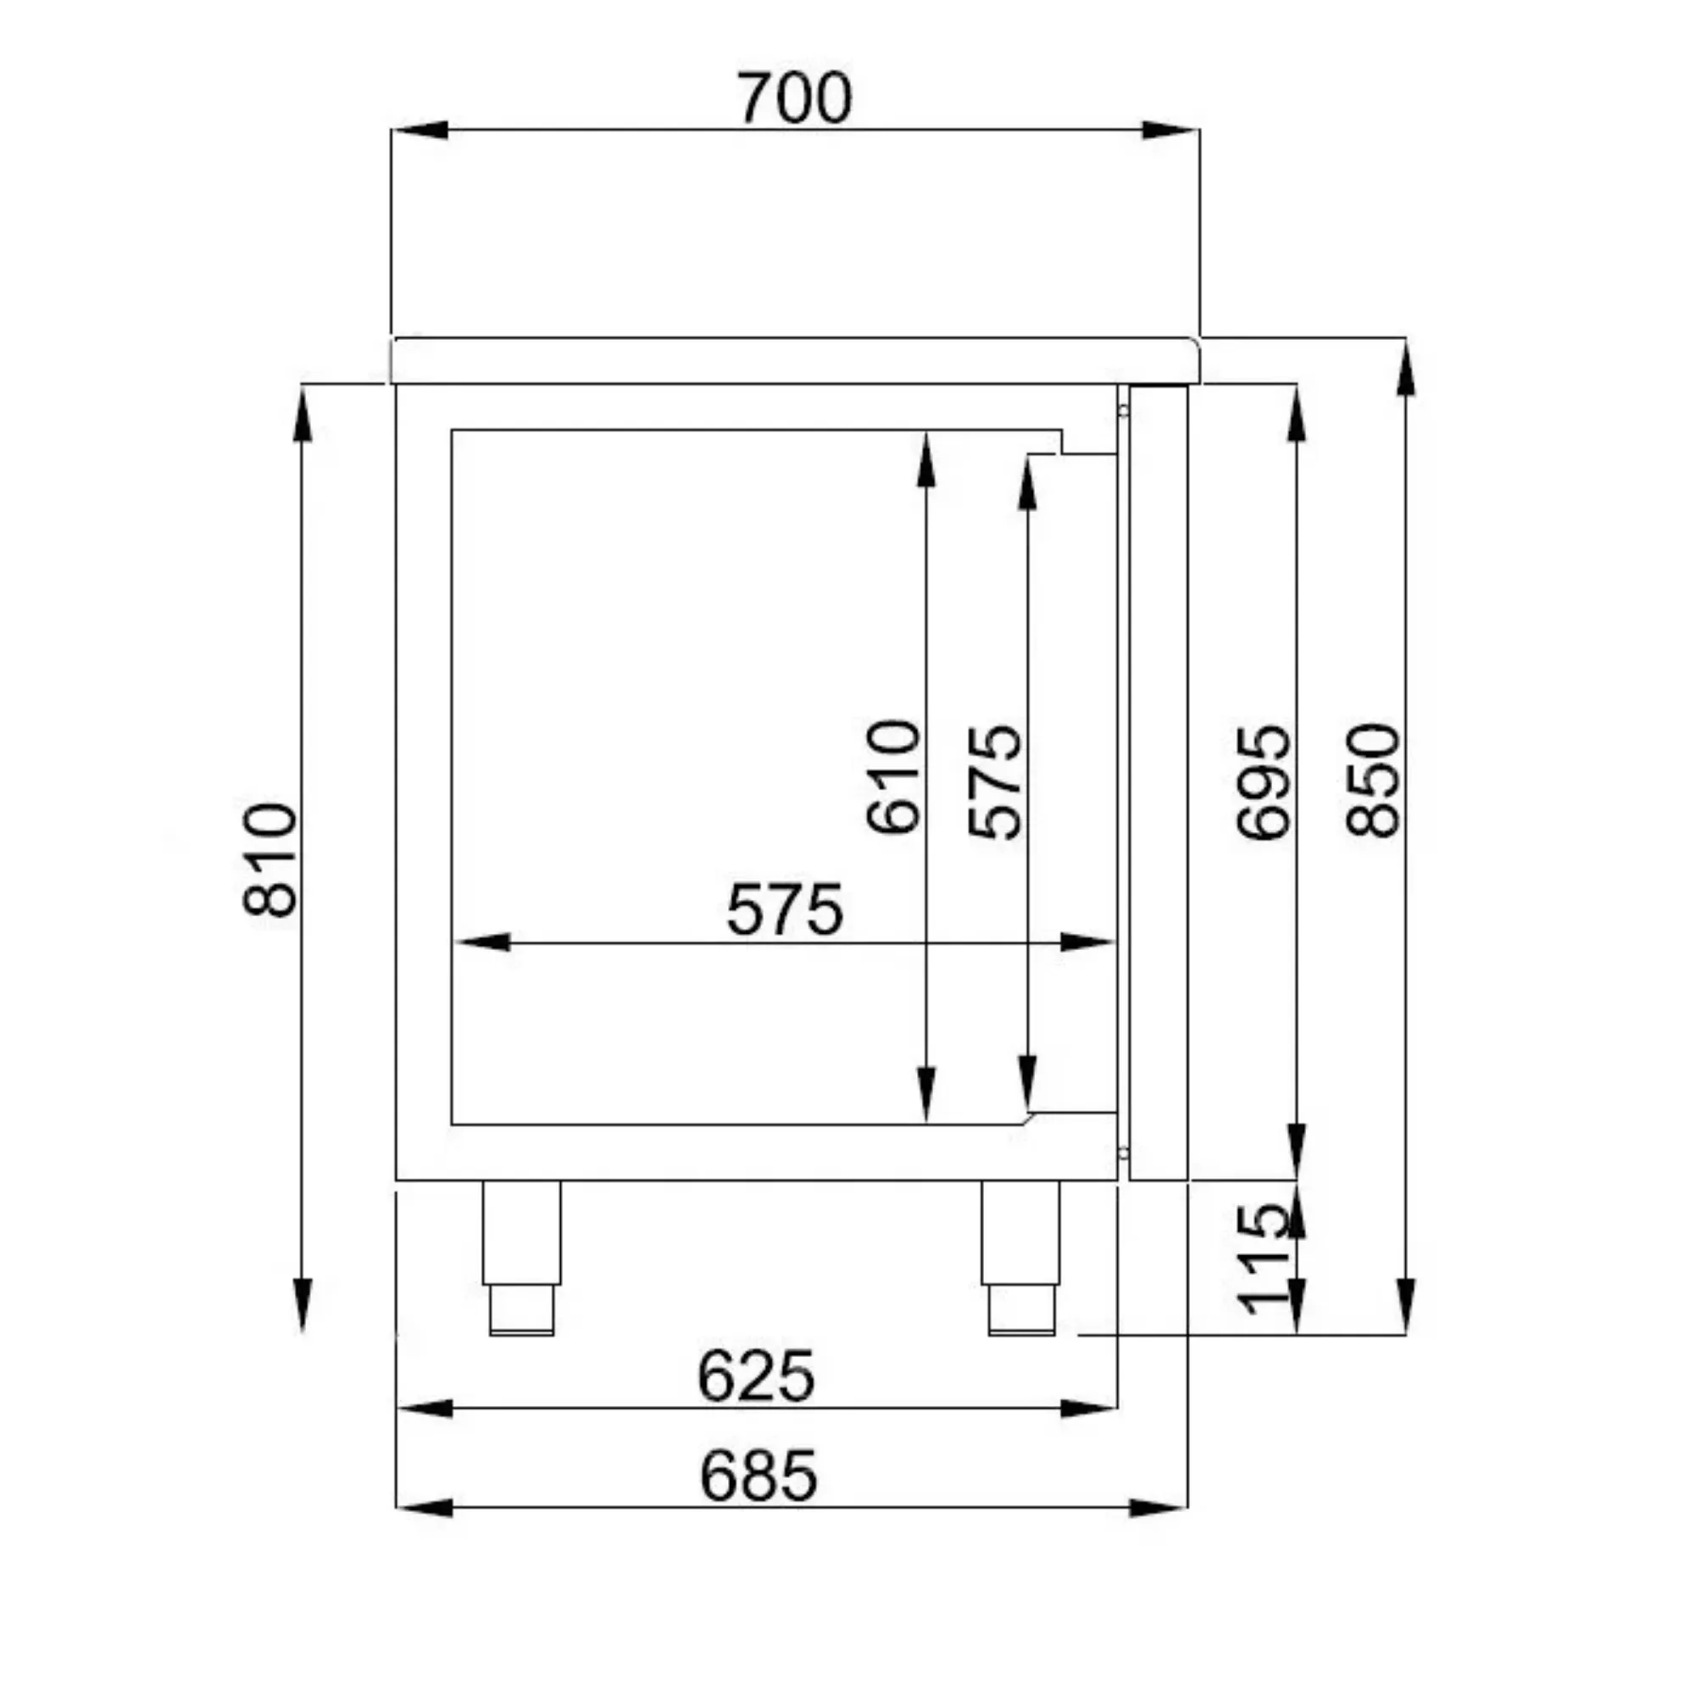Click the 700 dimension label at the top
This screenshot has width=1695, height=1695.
coord(794,98)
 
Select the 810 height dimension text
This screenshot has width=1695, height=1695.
coord(270,859)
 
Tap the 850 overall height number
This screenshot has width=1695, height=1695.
coord(1373,781)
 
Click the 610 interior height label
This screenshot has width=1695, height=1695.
coord(893,776)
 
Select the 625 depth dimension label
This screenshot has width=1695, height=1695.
coord(756,1375)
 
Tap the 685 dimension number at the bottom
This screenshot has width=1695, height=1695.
coord(759,1475)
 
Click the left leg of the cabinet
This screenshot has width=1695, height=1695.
coord(521,1232)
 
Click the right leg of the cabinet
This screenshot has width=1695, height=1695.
coord(1020,1232)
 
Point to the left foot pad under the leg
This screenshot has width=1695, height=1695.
coord(521,1311)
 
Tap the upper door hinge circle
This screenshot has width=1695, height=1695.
coord(1123,410)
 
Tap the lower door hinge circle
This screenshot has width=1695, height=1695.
coord(1123,1152)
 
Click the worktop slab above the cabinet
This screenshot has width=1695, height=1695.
coord(794,359)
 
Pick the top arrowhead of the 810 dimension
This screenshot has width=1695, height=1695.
coord(303,417)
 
